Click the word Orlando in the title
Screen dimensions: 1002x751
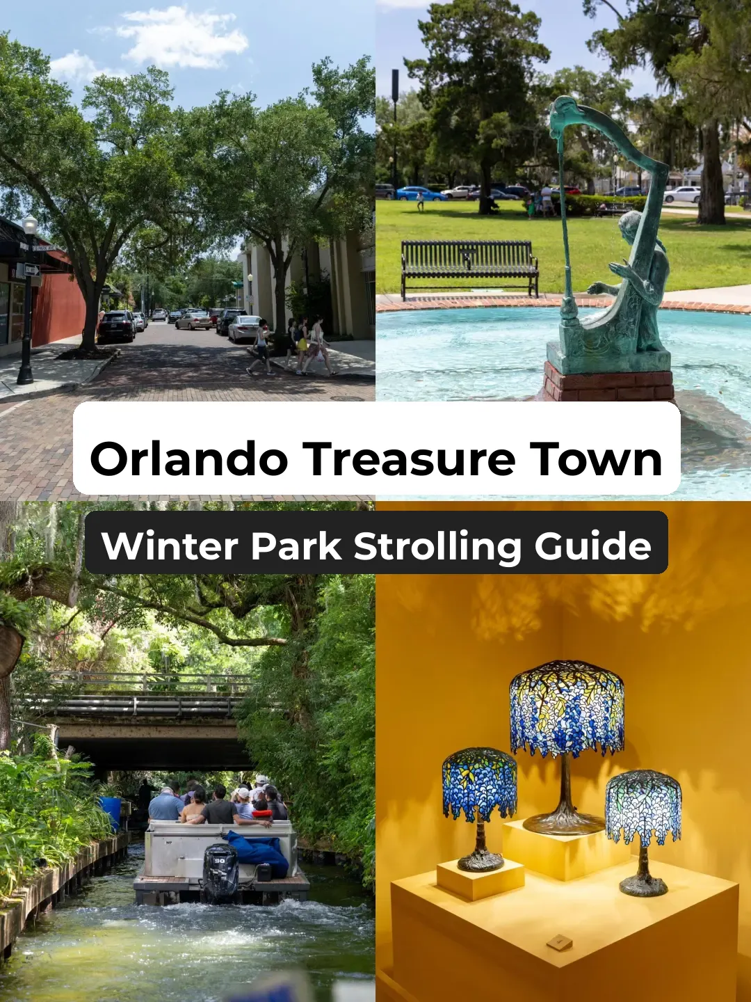188,460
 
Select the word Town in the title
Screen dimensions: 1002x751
596,460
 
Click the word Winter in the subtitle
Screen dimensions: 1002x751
170,546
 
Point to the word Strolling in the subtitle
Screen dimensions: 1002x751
437,547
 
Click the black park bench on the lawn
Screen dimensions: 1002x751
469,266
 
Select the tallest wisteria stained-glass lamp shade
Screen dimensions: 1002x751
567,707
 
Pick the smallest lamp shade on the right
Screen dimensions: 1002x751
643,806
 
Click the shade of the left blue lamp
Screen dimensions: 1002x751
480,783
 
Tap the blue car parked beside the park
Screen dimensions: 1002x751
420,193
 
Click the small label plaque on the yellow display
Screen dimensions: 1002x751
559,943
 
